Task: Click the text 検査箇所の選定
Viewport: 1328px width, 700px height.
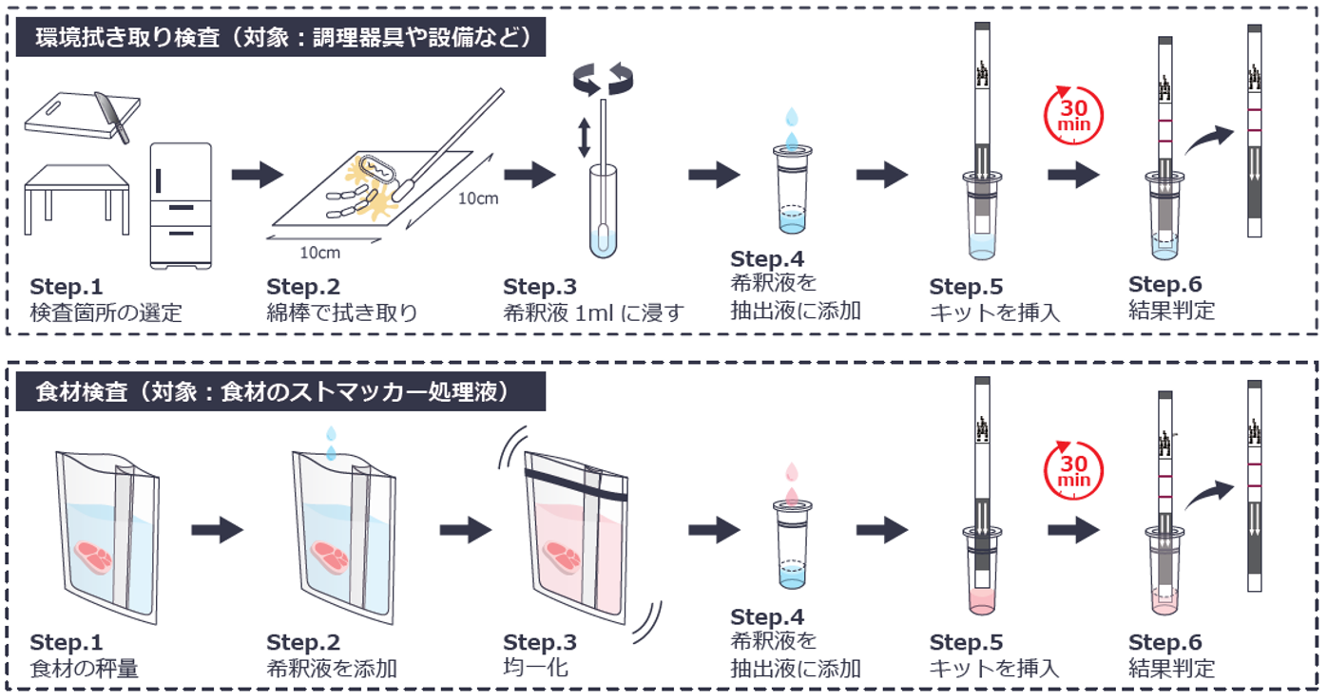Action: pyautogui.click(x=106, y=312)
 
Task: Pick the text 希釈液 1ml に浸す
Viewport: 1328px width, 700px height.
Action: pyautogui.click(x=593, y=312)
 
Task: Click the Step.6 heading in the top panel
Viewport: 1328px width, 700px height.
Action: pyautogui.click(x=1164, y=285)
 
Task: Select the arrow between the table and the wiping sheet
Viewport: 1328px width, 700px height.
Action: pyautogui.click(x=257, y=175)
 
